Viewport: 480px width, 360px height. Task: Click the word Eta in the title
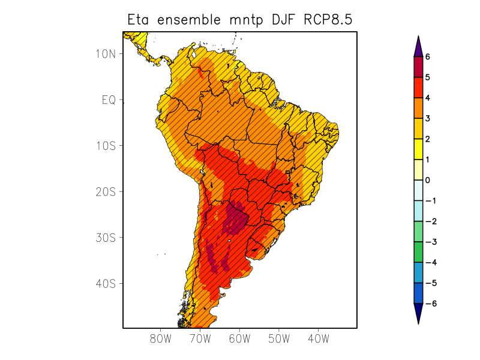(x=139, y=20)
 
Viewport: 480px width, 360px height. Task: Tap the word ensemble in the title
(x=190, y=20)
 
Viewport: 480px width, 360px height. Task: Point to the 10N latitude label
(x=105, y=54)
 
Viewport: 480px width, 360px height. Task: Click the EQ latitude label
(x=108, y=100)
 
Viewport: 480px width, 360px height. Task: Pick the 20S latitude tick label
(x=105, y=191)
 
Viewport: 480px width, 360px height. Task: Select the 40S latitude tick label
(x=105, y=283)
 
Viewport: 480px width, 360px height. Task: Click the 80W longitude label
(x=160, y=338)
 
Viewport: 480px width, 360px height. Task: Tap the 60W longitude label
(x=239, y=338)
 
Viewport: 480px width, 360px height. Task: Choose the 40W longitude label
(x=318, y=338)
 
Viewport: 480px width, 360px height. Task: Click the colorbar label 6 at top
(x=428, y=57)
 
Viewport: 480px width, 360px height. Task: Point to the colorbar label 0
(x=428, y=180)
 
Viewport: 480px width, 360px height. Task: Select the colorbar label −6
(x=430, y=304)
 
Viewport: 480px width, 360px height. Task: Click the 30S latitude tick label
(x=105, y=238)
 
